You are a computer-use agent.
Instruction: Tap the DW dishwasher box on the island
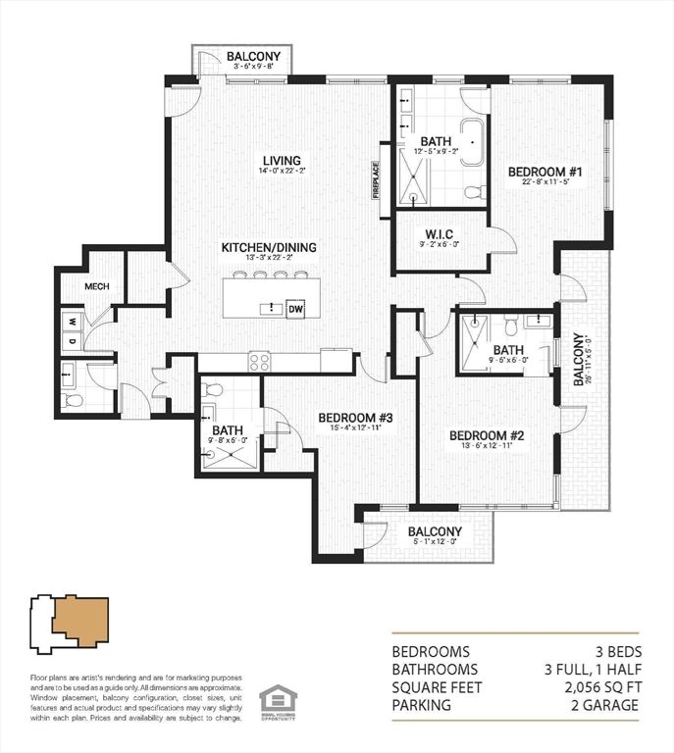point(295,309)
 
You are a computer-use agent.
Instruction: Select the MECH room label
point(95,287)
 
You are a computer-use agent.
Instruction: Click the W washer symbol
point(72,321)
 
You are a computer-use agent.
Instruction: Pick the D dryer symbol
point(72,342)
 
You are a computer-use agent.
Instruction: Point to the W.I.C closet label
point(440,232)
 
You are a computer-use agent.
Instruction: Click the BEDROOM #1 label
point(545,174)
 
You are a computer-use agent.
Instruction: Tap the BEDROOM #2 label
point(487,435)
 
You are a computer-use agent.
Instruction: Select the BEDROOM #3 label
point(355,418)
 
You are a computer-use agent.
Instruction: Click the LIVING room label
point(281,161)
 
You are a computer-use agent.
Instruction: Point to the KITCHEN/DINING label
point(269,247)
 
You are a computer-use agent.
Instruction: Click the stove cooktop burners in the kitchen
point(259,362)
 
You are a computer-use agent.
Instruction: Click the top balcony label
point(253,57)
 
